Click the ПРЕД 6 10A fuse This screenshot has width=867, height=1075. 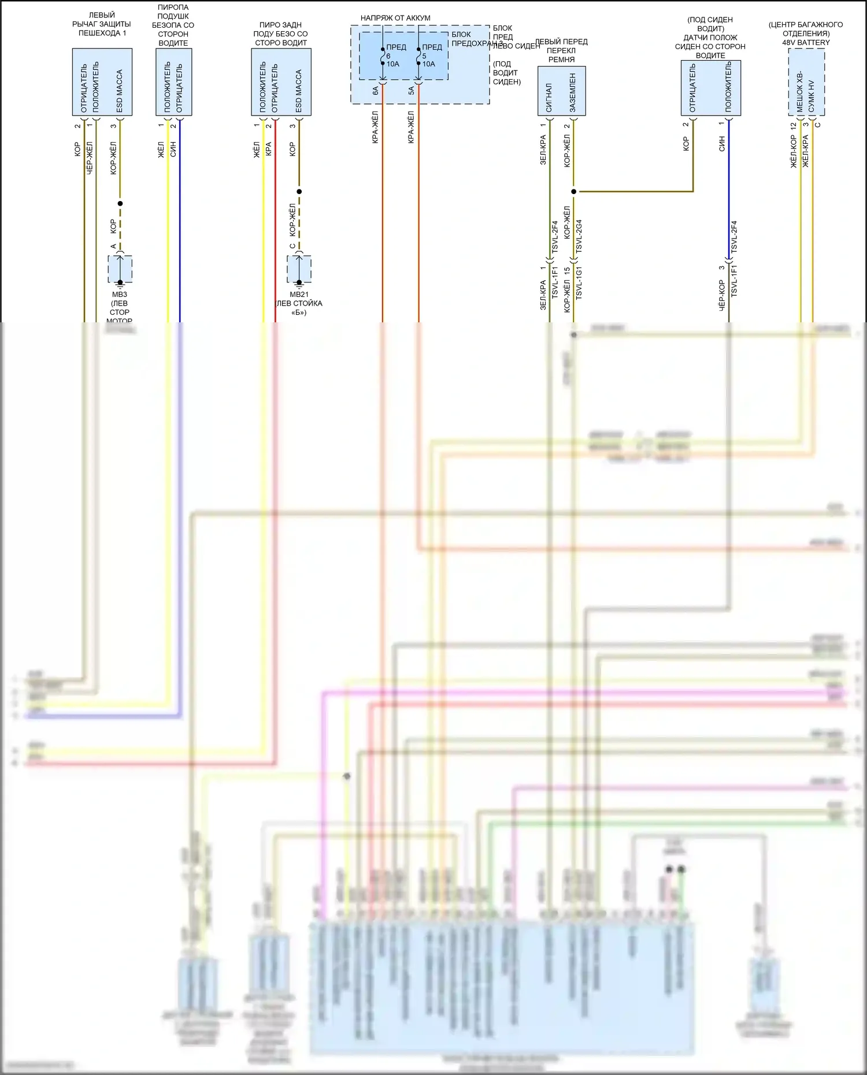pyautogui.click(x=383, y=56)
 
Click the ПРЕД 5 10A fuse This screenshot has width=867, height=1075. pyautogui.click(x=419, y=56)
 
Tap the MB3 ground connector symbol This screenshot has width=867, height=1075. pyautogui.click(x=120, y=269)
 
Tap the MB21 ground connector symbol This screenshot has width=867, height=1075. pyautogui.click(x=299, y=269)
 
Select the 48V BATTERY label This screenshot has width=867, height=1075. pyautogui.click(x=806, y=43)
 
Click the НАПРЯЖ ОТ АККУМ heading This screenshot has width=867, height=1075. pyautogui.click(x=395, y=18)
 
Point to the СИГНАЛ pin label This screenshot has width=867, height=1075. pyautogui.click(x=549, y=97)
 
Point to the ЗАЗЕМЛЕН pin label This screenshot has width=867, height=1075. pyautogui.click(x=573, y=92)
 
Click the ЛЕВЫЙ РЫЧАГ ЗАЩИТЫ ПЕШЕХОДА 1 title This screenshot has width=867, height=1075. pyautogui.click(x=102, y=24)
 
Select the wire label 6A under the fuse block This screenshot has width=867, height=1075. pyautogui.click(x=376, y=91)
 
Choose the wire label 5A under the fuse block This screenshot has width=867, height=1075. pyautogui.click(x=412, y=91)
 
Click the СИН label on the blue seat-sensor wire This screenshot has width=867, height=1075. pyautogui.click(x=722, y=144)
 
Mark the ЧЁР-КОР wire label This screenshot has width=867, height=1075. pyautogui.click(x=722, y=296)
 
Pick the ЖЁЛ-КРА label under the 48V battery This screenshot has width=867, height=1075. pyautogui.click(x=806, y=151)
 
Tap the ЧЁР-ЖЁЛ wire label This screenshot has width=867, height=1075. pyautogui.click(x=90, y=158)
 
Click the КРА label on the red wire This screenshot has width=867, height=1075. pyautogui.click(x=269, y=149)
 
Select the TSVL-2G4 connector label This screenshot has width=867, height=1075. pyautogui.click(x=579, y=236)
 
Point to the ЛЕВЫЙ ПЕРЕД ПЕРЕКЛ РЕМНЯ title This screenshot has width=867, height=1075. pyautogui.click(x=561, y=50)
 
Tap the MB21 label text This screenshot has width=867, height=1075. pyautogui.click(x=299, y=295)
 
